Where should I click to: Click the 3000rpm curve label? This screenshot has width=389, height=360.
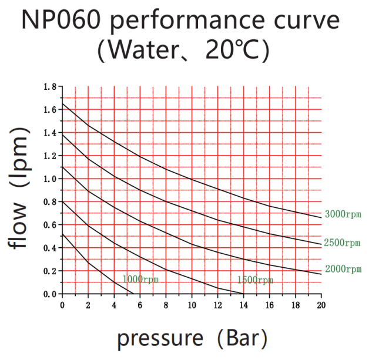pos(343,214)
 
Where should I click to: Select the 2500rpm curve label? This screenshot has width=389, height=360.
pos(343,243)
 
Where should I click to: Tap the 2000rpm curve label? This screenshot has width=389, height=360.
pos(343,270)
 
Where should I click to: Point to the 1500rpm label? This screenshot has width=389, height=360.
pos(255,280)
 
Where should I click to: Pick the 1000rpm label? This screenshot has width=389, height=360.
pos(140,280)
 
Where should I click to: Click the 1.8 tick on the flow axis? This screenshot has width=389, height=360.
pos(49,87)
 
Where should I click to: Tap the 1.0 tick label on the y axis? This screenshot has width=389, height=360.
pos(49,179)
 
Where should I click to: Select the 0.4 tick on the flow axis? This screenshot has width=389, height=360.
pos(49,248)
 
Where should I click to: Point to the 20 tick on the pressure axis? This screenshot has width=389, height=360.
pos(321,305)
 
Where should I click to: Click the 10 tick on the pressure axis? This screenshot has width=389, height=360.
pos(192,305)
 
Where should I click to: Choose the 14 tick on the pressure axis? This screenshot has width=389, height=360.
pos(243,305)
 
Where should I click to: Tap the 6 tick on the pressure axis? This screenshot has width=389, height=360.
pos(140,305)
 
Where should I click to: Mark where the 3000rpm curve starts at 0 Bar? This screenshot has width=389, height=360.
pos(62,104)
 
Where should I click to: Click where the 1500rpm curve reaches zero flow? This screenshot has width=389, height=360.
pos(243,294)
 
